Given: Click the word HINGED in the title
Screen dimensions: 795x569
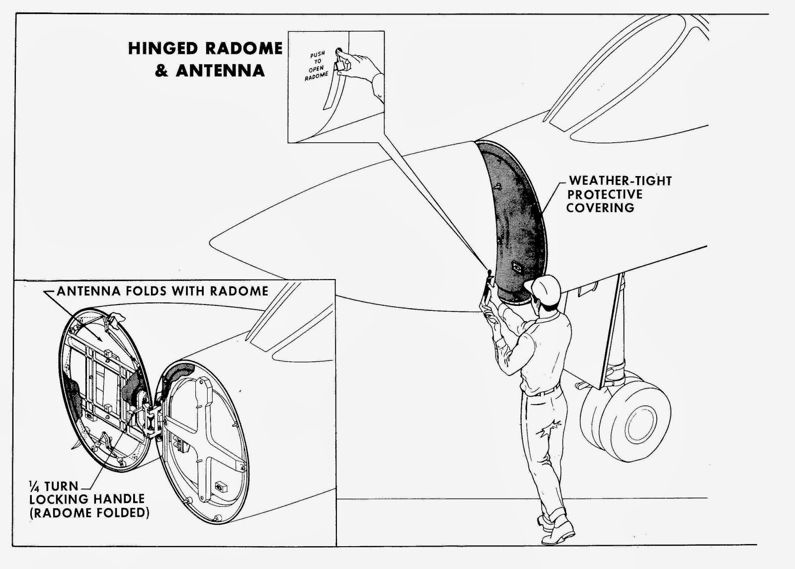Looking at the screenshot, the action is [162, 48].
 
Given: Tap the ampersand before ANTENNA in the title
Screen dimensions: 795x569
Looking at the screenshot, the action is [161, 70].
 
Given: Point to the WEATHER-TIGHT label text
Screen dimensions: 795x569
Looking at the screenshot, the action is [621, 181].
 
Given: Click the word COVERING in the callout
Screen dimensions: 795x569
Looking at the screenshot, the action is [600, 208].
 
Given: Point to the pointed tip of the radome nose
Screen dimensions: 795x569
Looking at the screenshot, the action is [211, 243].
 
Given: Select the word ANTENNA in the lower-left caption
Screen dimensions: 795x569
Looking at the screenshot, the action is [89, 291].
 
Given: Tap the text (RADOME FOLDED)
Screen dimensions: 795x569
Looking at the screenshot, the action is [89, 513].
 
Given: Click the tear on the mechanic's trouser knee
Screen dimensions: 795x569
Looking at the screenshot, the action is [549, 430].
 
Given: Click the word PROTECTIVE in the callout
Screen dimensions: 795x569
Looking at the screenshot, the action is [605, 194].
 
